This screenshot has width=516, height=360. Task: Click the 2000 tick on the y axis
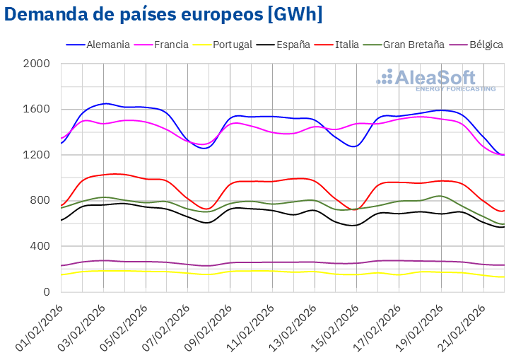coord(37,64)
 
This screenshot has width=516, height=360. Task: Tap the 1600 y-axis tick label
coord(37,110)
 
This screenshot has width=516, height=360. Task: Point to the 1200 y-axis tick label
coord(37,155)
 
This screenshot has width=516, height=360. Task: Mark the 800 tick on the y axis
coord(40,201)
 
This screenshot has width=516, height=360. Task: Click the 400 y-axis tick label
coord(40,246)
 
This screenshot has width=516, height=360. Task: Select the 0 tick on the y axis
coord(47,292)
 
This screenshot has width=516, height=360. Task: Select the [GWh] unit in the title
coord(290,14)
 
